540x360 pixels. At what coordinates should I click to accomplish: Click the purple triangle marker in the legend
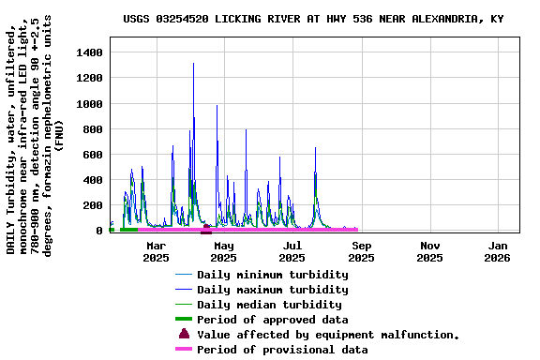(184, 334)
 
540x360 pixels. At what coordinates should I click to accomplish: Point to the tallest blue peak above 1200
(193, 65)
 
